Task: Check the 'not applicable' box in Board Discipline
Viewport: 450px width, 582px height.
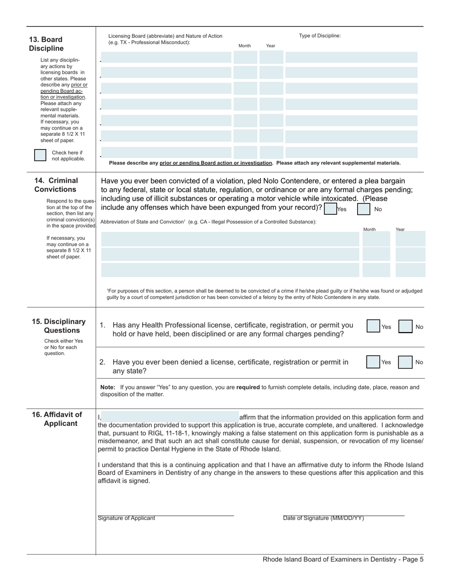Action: pyautogui.click(x=40, y=155)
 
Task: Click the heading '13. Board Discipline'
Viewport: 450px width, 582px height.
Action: pyautogui.click(x=46, y=44)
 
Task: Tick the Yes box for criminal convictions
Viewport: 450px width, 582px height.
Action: pyautogui.click(x=330, y=209)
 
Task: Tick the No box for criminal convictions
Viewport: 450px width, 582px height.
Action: pyautogui.click(x=363, y=209)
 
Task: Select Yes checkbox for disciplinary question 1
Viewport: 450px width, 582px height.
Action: pyautogui.click(x=373, y=326)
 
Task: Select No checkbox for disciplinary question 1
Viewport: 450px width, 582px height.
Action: pyautogui.click(x=405, y=326)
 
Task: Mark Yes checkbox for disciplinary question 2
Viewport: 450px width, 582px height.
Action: pyautogui.click(x=373, y=362)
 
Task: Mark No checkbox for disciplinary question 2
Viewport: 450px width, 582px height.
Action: pyautogui.click(x=405, y=362)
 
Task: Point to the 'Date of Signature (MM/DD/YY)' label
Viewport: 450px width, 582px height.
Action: pyautogui.click(x=324, y=518)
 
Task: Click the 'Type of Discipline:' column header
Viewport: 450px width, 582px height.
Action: pyautogui.click(x=320, y=35)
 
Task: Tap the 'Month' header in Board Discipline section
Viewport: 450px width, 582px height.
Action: pyautogui.click(x=245, y=46)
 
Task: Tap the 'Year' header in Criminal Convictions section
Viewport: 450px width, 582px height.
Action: pyautogui.click(x=400, y=229)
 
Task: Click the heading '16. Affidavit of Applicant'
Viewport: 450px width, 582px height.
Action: pyautogui.click(x=57, y=419)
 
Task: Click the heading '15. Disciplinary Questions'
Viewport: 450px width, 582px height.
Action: pyautogui.click(x=59, y=326)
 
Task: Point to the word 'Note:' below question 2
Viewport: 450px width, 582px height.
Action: pyautogui.click(x=108, y=387)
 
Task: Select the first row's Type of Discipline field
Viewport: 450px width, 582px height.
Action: pyautogui.click(x=351, y=58)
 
